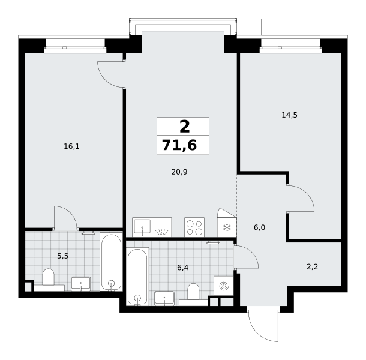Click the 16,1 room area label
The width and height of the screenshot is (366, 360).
71,146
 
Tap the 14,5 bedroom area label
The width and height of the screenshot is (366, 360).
289,115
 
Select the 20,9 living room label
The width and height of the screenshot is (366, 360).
179,172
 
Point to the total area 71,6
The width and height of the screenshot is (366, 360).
179,145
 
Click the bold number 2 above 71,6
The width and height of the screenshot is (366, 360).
185,127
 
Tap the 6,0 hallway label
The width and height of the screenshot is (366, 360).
259,227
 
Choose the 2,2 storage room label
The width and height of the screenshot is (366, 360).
313,266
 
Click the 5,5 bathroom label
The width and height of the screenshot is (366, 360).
62,256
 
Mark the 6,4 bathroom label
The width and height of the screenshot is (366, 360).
182,268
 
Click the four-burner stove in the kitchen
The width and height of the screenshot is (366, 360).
194,227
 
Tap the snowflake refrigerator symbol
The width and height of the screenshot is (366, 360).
227,227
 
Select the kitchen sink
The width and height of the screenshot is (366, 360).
142,227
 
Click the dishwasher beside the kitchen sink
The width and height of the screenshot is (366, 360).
162,227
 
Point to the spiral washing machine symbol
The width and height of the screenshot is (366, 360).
224,286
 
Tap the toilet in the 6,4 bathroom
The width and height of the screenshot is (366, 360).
193,292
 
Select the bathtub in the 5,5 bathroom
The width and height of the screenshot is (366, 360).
112,262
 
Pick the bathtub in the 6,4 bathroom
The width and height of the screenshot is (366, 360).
138,277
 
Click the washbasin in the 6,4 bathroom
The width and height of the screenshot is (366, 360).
164,298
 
